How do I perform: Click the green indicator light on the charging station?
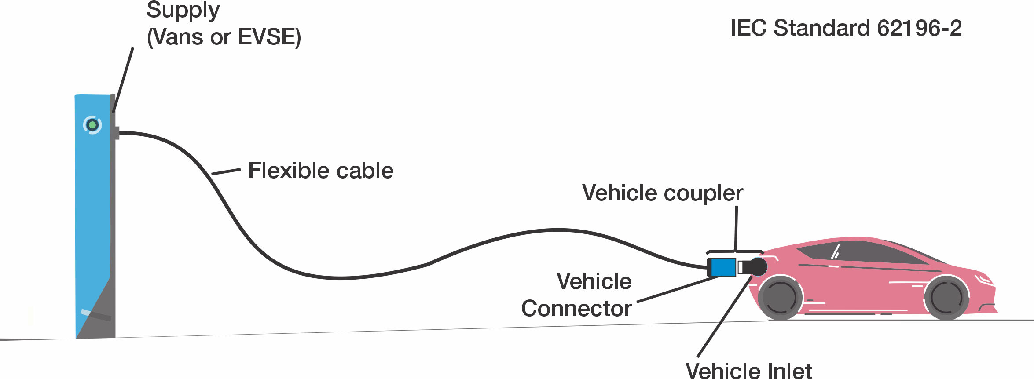point(92,125)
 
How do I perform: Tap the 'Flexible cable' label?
point(321,171)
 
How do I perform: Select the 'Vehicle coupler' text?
point(663,193)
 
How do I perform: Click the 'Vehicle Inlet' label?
point(748,371)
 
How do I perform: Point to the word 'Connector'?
point(576,309)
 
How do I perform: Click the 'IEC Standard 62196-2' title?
point(846,28)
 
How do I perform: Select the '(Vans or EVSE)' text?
point(224,37)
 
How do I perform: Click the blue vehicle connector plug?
point(723,267)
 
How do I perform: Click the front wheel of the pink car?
point(946,298)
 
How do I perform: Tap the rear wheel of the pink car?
point(780,298)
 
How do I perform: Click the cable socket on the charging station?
point(117,133)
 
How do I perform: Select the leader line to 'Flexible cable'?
point(226,171)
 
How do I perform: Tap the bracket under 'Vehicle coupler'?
point(735,252)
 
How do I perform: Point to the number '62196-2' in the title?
point(919,28)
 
